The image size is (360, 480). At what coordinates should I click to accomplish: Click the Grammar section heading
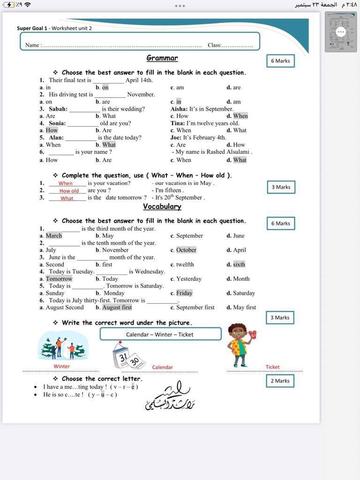click(162, 58)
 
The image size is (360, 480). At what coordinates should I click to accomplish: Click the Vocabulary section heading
click(162, 207)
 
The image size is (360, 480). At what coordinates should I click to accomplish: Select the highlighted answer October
click(186, 250)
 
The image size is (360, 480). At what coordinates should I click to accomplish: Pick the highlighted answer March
click(54, 236)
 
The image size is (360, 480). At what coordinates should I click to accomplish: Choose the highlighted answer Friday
click(184, 293)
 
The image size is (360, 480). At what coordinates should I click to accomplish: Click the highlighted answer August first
click(117, 307)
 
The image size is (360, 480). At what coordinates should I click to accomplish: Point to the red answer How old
click(69, 191)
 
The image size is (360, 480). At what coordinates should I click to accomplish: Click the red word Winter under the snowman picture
click(61, 366)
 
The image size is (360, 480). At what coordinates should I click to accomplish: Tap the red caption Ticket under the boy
click(272, 367)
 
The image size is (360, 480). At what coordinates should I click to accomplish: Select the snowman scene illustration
click(63, 345)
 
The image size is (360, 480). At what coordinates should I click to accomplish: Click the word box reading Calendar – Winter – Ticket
click(160, 334)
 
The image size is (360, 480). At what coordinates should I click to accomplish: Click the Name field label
click(32, 45)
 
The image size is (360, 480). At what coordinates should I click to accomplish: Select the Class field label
click(214, 45)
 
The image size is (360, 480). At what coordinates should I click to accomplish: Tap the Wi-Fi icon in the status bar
click(28, 5)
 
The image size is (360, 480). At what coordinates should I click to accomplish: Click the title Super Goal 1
click(32, 28)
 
